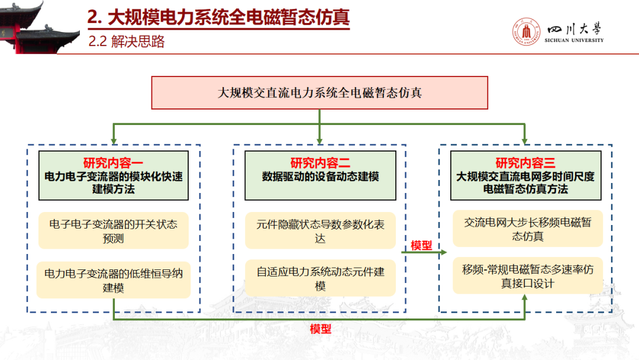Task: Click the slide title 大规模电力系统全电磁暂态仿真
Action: coord(218,18)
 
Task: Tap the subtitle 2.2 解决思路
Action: coord(126,42)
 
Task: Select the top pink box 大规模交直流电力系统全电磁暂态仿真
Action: coord(319,92)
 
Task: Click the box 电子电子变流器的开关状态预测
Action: coord(113,231)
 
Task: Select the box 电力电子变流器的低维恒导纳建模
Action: coord(113,280)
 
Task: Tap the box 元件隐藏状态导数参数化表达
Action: coord(320,231)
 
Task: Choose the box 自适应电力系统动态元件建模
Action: coord(320,279)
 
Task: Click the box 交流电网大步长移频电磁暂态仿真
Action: coord(528,229)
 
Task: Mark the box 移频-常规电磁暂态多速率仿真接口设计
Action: coord(528,276)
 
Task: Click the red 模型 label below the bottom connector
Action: coord(321,329)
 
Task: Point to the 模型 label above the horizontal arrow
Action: coord(421,245)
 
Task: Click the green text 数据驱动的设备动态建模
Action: coord(320,176)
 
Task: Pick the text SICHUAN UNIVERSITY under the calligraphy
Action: coord(575,40)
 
